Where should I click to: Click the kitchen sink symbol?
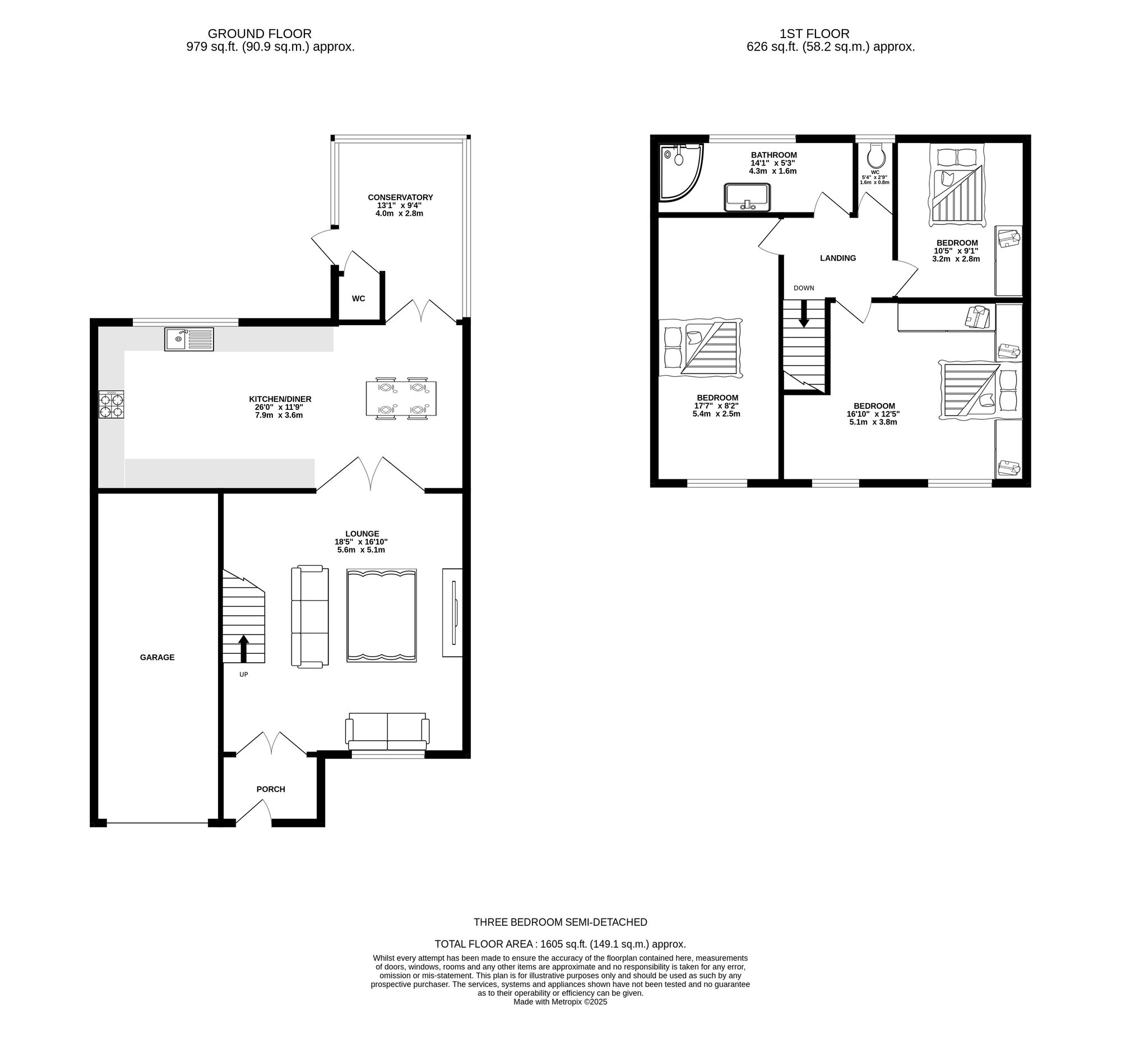[x=189, y=339]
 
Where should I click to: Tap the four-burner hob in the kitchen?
[x=112, y=405]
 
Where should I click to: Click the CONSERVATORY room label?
[x=400, y=197]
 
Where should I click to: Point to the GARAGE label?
[x=158, y=657]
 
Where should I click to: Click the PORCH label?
[x=271, y=789]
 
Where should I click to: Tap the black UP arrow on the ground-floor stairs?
[x=244, y=649]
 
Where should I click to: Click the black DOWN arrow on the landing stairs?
[x=804, y=313]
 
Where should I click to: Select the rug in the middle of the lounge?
[x=382, y=615]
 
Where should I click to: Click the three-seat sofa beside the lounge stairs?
[x=309, y=616]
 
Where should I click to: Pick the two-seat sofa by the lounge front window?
[x=387, y=731]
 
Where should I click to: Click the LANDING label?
[x=838, y=259]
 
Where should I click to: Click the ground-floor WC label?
[x=359, y=298]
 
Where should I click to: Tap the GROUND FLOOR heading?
[x=260, y=34]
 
